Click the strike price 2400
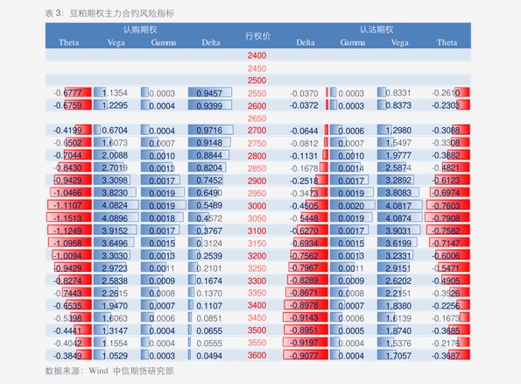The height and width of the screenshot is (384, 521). tap(257, 55)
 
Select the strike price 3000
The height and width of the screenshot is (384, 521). tap(257, 205)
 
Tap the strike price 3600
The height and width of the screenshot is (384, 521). tap(257, 356)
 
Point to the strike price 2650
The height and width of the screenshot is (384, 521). tap(257, 117)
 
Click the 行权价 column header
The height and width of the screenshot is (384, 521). tap(257, 36)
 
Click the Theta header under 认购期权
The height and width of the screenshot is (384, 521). tap(68, 42)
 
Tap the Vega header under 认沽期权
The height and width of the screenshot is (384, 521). tap(399, 42)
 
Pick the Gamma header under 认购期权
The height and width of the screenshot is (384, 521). tap(163, 42)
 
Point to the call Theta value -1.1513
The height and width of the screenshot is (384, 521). tap(67, 218)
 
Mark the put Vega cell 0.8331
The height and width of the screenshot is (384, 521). tap(398, 93)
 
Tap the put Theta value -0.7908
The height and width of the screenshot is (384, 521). tap(447, 218)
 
